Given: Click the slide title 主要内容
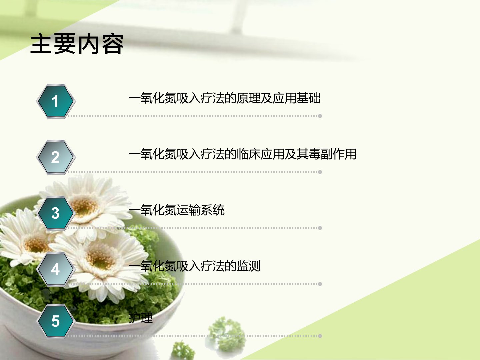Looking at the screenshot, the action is click(x=77, y=44).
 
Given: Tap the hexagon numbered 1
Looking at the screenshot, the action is click(x=56, y=101).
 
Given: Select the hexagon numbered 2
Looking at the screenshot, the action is click(x=56, y=157).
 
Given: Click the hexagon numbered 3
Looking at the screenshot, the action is click(x=56, y=213).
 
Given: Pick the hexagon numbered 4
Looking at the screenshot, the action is click(x=56, y=269).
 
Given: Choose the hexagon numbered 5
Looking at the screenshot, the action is click(x=56, y=321).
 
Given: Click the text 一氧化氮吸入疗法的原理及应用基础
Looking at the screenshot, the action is click(x=225, y=98).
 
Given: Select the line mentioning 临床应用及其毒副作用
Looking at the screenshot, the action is click(x=243, y=154).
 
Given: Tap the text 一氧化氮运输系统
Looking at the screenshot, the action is click(x=177, y=210).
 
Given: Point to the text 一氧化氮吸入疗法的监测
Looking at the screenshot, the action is click(x=194, y=266).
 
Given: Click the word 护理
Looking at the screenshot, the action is click(x=140, y=318).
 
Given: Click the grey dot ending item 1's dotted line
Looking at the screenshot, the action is click(x=320, y=116).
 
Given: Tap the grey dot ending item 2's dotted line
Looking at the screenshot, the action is click(x=320, y=172).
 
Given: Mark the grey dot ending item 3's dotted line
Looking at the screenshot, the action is click(x=320, y=228).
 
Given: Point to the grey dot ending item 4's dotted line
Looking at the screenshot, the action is click(x=320, y=284).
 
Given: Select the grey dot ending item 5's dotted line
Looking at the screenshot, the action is click(x=320, y=336).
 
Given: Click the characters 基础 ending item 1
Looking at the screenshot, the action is click(x=309, y=98).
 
